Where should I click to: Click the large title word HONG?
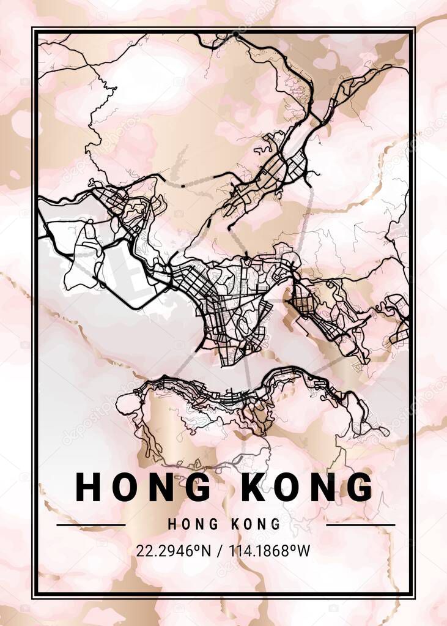point(143,487)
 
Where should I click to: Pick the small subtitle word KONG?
point(256,524)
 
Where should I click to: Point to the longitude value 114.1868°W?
point(269,551)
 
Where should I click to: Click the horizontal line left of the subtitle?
point(91,525)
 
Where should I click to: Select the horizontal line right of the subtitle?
point(360,525)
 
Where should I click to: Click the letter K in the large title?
point(249,487)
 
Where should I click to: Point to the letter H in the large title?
point(89,487)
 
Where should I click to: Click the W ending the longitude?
point(304,551)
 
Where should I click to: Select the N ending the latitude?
point(205,551)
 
